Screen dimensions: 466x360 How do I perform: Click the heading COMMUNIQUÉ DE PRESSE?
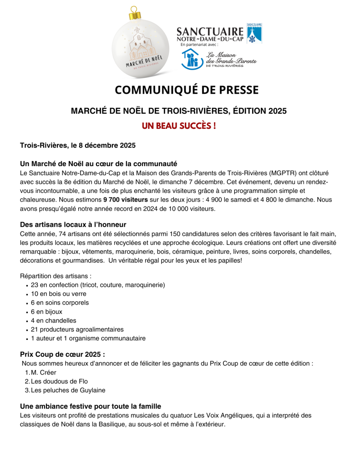click(187, 90)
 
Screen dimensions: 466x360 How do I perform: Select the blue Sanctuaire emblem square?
click(254, 33)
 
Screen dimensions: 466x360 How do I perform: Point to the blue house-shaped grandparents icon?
click(191, 59)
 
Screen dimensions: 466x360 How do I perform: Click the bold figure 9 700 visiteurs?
click(126, 199)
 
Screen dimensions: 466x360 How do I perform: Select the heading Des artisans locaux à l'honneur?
click(73, 224)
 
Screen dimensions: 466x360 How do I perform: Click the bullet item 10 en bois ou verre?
click(59, 294)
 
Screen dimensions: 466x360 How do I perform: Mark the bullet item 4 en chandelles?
click(54, 320)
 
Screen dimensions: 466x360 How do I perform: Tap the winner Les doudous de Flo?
click(59, 381)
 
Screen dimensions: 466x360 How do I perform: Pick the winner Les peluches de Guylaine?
click(68, 390)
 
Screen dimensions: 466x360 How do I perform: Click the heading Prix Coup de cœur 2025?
click(62, 354)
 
